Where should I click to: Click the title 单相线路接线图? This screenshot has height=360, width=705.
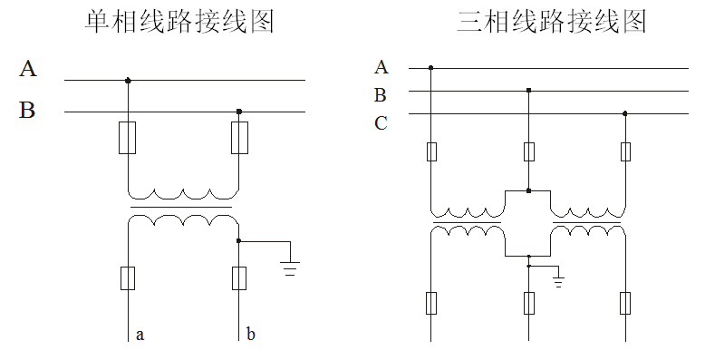click(x=179, y=22)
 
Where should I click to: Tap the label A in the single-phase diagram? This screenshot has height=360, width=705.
click(x=28, y=69)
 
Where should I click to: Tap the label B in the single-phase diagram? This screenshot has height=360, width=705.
click(x=28, y=111)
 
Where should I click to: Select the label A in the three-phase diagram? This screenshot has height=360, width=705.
click(x=381, y=66)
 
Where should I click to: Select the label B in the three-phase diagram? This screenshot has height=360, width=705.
click(x=381, y=94)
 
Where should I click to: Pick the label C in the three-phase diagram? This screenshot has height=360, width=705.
click(x=381, y=123)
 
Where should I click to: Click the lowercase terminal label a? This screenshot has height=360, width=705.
click(x=140, y=335)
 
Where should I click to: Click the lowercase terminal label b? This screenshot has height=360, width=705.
click(x=250, y=335)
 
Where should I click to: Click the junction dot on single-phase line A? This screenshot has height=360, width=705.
click(x=128, y=80)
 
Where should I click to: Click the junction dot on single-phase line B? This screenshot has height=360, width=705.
click(x=239, y=112)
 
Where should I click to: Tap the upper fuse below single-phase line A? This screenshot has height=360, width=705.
click(x=128, y=138)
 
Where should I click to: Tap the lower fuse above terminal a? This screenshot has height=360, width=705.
click(x=128, y=277)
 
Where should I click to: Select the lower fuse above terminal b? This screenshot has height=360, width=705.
click(x=239, y=277)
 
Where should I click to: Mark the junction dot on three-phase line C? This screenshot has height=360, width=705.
click(x=625, y=114)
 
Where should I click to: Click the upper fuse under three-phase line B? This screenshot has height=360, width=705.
click(x=528, y=151)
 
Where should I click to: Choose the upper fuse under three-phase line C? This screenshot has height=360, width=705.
click(x=625, y=151)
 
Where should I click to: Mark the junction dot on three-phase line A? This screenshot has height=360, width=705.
click(x=430, y=67)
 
